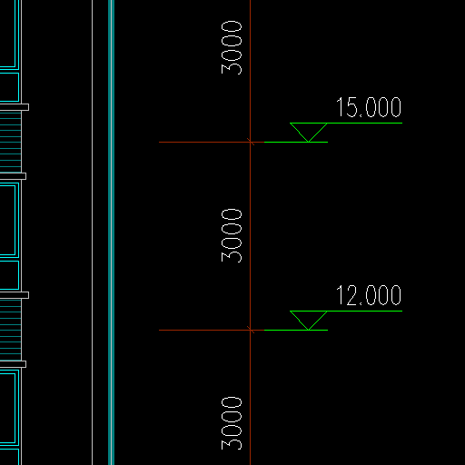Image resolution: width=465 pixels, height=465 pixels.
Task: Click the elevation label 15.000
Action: [369, 107]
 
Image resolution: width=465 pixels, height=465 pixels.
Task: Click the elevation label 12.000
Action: [369, 295]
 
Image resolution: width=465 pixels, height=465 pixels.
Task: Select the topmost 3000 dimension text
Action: [232, 47]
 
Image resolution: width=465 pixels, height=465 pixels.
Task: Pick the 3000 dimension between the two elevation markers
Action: [232, 235]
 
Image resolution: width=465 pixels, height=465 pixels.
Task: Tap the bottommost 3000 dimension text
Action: [232, 423]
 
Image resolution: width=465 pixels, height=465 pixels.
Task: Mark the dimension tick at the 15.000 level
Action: [251, 142]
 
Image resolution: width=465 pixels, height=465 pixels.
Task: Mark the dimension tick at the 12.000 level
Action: [251, 330]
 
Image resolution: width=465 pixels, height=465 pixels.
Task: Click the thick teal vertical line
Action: [111, 232]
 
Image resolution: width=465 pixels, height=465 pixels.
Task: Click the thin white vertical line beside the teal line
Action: [93, 232]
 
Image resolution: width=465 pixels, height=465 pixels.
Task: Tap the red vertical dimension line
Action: [251, 232]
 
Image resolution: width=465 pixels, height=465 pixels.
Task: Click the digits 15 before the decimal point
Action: [347, 107]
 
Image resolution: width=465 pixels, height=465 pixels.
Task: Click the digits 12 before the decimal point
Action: [347, 295]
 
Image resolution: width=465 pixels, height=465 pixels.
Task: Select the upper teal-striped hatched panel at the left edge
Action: [11, 142]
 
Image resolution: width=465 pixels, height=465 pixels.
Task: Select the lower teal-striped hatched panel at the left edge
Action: [11, 330]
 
